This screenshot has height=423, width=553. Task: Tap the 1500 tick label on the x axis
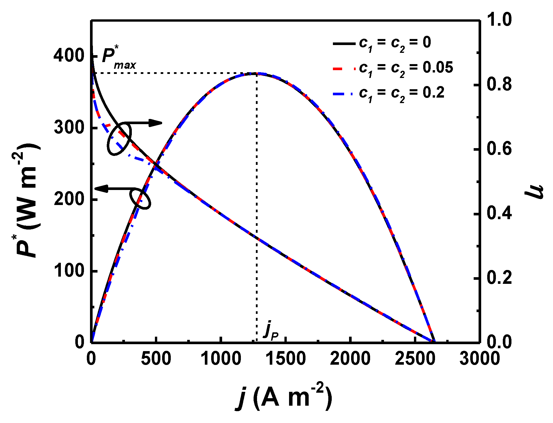click(x=285, y=359)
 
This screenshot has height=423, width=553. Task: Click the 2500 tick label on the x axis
click(x=415, y=359)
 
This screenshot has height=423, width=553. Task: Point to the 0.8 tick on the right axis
click(x=499, y=85)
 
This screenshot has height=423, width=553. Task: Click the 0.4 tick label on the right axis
click(x=499, y=214)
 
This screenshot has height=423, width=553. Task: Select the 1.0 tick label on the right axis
click(x=499, y=20)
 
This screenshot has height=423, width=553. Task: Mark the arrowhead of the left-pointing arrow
click(x=100, y=189)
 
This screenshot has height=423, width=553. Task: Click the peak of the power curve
click(x=256, y=74)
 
